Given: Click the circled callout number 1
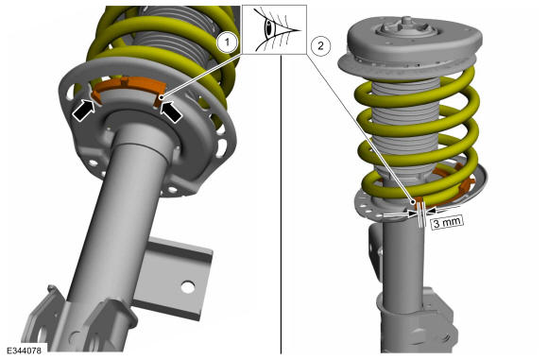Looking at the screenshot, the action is tap(228, 43).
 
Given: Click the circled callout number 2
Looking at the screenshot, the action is tap(321, 45).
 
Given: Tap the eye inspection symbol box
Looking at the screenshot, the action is tap(274, 29).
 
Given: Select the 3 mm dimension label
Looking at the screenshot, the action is tap(448, 222).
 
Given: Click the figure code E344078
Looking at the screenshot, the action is tap(24, 350).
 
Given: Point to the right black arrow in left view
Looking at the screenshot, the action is tap(171, 111).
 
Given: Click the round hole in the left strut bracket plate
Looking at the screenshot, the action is tap(188, 287).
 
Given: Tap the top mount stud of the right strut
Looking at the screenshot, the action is tap(405, 21).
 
